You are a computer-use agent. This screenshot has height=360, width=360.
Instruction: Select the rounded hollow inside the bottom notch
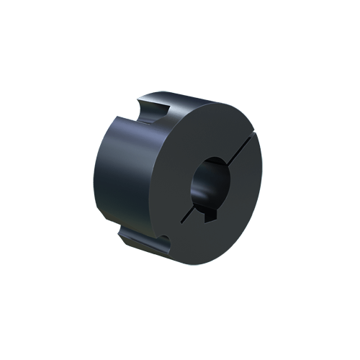click(x=164, y=243)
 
